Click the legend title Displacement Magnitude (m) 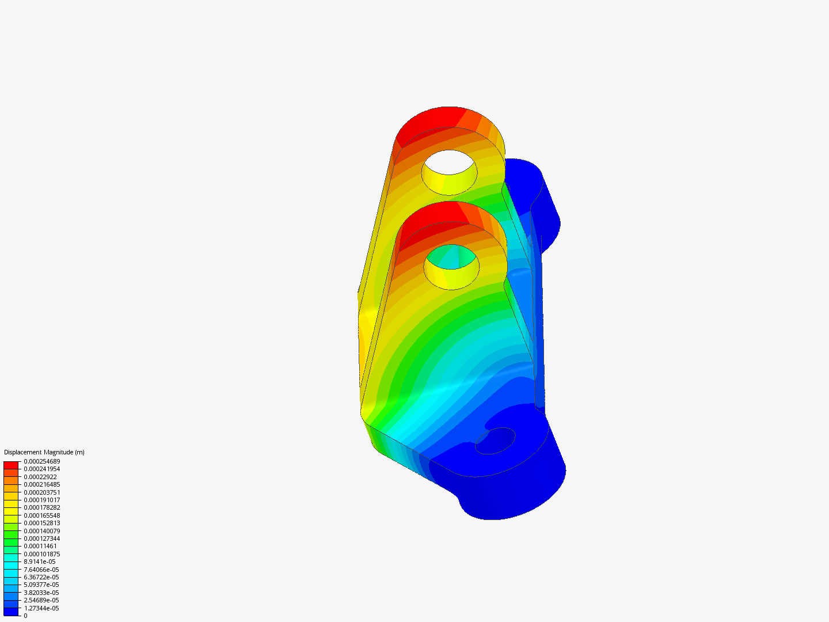(x=44, y=452)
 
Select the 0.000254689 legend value (x=41, y=461)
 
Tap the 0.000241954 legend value (x=41, y=469)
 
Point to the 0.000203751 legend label (x=41, y=492)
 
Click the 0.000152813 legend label (x=41, y=523)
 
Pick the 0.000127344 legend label (x=41, y=538)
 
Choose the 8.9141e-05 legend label (x=39, y=562)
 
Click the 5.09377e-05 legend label (x=41, y=585)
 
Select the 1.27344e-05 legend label (x=41, y=608)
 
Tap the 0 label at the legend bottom (x=25, y=616)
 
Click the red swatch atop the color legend (x=11, y=465)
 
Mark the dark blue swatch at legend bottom (x=11, y=612)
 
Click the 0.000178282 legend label (x=41, y=507)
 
